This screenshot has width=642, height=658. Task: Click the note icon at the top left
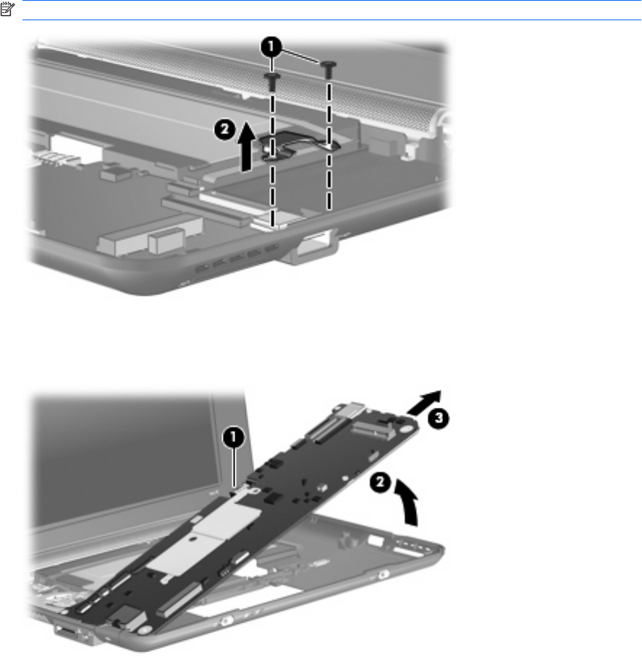point(7,9)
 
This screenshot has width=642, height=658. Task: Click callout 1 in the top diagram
point(271,46)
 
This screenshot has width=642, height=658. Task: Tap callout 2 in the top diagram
point(225,129)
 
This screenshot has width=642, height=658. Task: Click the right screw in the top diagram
point(329,69)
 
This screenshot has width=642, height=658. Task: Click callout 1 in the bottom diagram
point(234,437)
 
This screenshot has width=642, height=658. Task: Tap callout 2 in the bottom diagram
point(380,482)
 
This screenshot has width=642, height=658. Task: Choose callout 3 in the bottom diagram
point(438,418)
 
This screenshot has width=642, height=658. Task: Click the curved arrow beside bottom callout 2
point(408,503)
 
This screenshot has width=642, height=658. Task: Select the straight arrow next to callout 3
point(424,402)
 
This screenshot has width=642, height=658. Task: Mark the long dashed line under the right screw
point(329,145)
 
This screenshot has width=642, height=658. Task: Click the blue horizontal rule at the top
point(332,20)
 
